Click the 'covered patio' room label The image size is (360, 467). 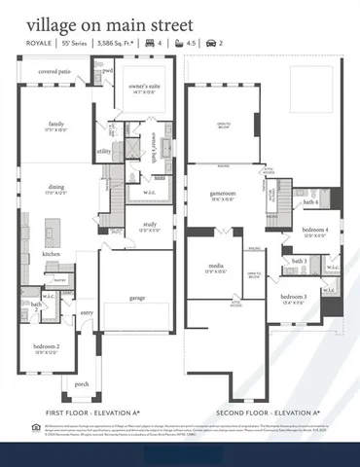pos(54,72)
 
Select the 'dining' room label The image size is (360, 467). pos(54,191)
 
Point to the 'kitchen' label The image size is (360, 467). pos(51,254)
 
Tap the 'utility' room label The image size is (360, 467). pos(103,151)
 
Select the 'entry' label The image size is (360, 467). pos(88,312)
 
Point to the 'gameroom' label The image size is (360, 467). pos(224,194)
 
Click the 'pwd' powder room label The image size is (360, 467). pos(108,71)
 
